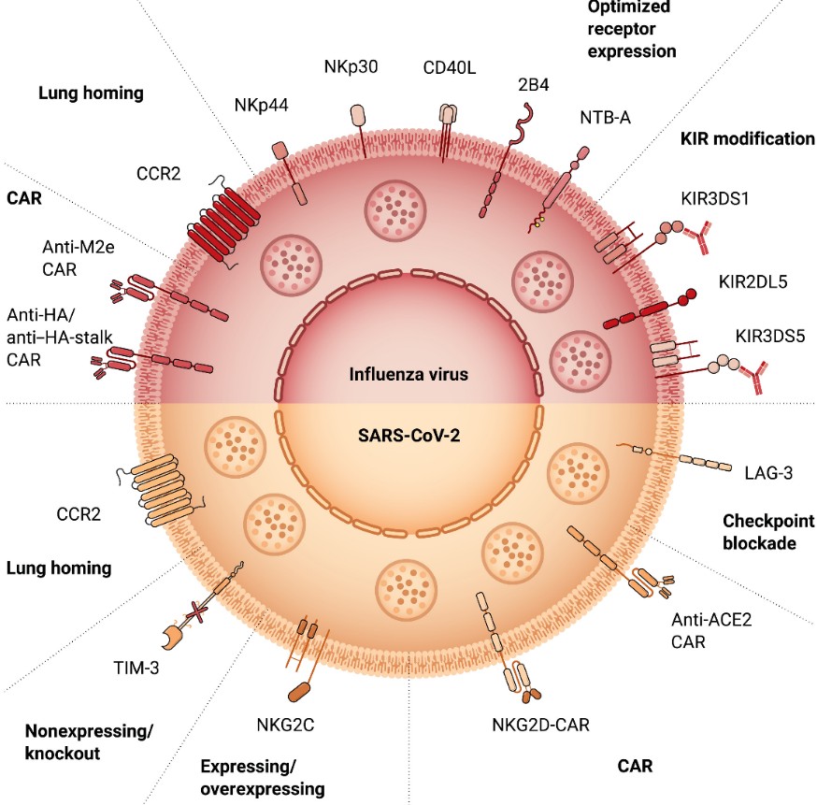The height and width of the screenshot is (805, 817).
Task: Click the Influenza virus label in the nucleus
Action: (x=408, y=375)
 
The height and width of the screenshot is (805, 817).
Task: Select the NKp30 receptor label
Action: (x=351, y=67)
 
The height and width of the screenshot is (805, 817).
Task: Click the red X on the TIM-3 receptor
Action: (x=196, y=611)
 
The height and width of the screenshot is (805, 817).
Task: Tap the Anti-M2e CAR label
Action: (x=73, y=258)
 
